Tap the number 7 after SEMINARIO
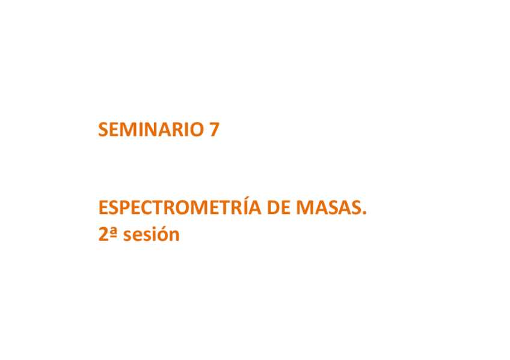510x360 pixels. tap(214, 130)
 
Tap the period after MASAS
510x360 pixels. tap(364, 214)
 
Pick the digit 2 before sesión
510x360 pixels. tap(103, 234)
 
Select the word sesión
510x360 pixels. tap(152, 235)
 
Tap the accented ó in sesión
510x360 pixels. tap(164, 234)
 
